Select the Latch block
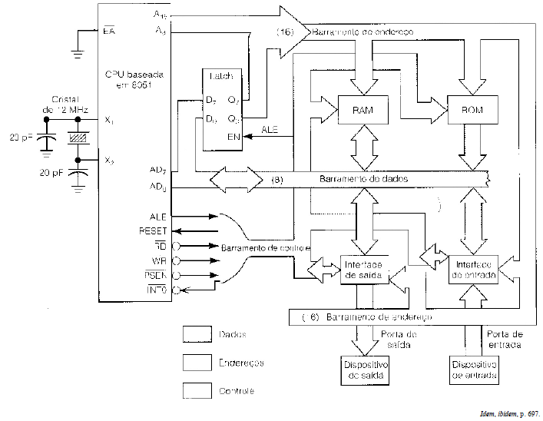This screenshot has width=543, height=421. (x=222, y=111)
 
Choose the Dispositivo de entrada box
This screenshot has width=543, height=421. (x=475, y=371)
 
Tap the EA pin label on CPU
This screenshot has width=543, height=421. (x=109, y=31)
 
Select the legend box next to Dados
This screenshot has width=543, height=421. (x=197, y=335)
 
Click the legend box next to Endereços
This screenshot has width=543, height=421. (x=197, y=362)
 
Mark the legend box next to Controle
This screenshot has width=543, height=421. (x=197, y=390)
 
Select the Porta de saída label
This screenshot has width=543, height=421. (x=399, y=340)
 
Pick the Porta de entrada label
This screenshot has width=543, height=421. (x=505, y=340)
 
